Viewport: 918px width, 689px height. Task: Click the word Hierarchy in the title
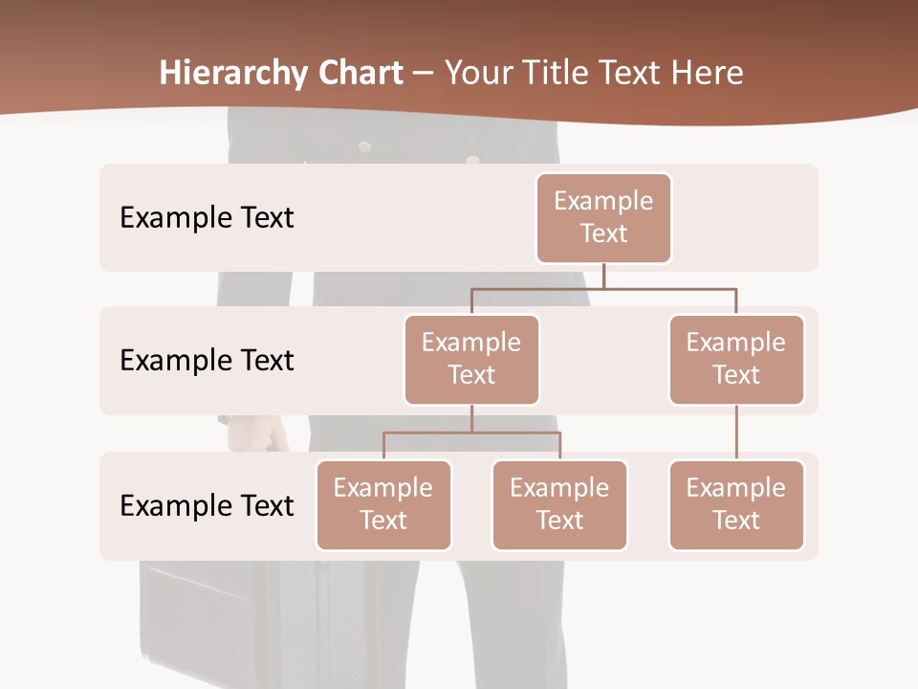point(233,73)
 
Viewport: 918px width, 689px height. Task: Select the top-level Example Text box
point(603,218)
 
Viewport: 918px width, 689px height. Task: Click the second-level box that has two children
point(471,360)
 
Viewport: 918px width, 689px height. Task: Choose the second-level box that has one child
point(736,360)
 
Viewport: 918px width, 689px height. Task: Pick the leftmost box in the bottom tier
point(383,505)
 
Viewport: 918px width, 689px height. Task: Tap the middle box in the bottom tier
point(559,505)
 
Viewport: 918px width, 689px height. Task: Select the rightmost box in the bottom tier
point(736,505)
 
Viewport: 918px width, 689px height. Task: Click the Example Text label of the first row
point(207,218)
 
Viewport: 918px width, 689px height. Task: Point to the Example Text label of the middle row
point(207,361)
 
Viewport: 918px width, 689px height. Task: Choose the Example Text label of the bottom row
point(207,505)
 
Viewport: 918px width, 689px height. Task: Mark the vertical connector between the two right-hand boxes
point(736,433)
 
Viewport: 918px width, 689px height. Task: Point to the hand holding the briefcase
point(256,434)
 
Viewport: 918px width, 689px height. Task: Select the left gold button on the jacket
point(364,146)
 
